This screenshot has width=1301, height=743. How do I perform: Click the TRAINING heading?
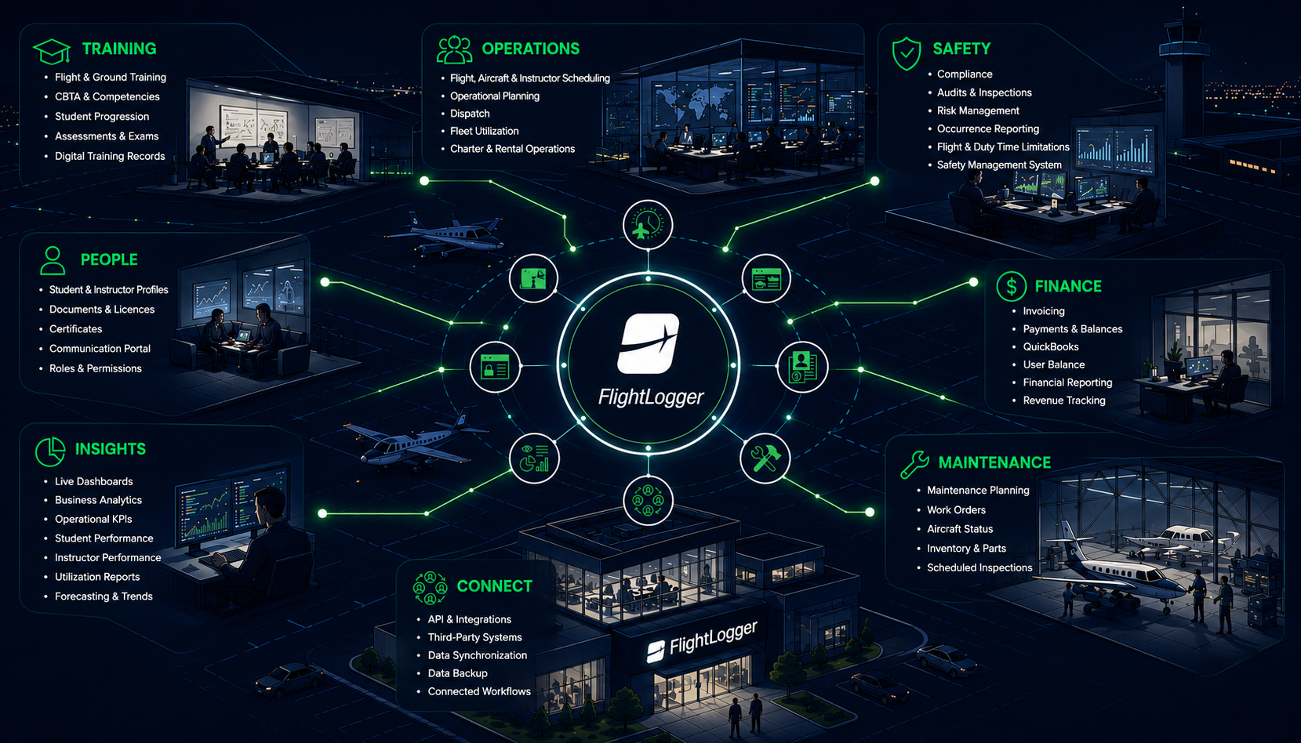(119, 49)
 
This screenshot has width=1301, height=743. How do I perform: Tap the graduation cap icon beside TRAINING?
(52, 51)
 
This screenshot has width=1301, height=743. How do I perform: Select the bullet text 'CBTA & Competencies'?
(107, 96)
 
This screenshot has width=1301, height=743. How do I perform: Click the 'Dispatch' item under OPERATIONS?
(470, 114)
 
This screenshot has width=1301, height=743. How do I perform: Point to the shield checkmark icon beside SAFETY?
(907, 53)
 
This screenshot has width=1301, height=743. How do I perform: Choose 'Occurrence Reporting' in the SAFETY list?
(988, 129)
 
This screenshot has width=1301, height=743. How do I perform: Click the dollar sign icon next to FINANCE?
(1011, 286)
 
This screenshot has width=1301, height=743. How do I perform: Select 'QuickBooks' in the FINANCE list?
(1051, 346)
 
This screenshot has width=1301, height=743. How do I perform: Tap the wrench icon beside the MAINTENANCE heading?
(914, 464)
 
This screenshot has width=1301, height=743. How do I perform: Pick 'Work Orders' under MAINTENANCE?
(956, 509)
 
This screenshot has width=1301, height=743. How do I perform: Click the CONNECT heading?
(494, 586)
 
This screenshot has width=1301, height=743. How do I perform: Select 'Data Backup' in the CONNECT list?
(458, 673)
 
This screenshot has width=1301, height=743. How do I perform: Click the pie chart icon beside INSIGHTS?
(50, 451)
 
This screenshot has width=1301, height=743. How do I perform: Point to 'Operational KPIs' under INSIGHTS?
(93, 519)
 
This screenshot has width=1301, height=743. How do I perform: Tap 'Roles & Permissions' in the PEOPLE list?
(95, 368)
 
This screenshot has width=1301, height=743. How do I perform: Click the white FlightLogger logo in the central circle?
(649, 343)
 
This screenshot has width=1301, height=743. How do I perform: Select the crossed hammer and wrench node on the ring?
(765, 458)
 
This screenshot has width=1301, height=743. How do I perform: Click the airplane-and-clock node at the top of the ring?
(649, 225)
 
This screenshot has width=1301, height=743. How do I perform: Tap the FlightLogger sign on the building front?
(702, 640)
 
